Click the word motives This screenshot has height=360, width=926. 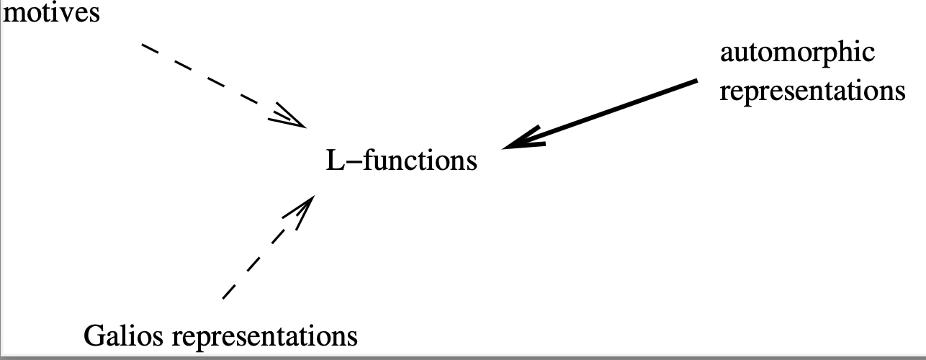tap(51, 13)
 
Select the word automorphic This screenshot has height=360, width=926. tap(797, 53)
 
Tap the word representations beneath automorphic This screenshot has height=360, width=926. tap(812, 92)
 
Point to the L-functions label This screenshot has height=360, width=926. tap(401, 160)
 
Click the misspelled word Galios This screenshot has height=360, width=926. tap(124, 336)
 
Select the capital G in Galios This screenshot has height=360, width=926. tap(94, 336)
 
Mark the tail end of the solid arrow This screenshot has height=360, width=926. tap(696, 81)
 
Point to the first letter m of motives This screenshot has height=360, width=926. tap(14, 14)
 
